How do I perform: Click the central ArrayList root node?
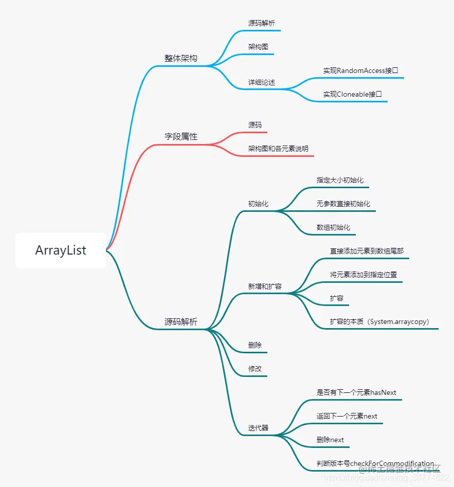pos(61,250)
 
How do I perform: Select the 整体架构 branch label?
pos(180,58)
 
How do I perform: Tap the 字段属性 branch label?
pos(180,137)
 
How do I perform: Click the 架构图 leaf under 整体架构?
pos(258,47)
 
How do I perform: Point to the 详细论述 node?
pos(262,82)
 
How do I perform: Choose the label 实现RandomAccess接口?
pos(360,70)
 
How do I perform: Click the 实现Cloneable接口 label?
pos(352,94)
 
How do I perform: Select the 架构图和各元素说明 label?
pos(278,149)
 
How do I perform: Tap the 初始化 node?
pos(258,204)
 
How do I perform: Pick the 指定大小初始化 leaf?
pos(340,180)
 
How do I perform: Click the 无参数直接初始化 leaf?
pos(343,204)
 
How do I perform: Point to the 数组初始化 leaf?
pos(333,227)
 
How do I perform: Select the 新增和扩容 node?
pos(265,286)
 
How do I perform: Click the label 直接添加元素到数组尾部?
pos(367,251)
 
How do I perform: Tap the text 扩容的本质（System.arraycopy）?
pos(379,322)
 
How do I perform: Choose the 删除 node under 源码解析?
pos(255,345)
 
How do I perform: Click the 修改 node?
pos(255,369)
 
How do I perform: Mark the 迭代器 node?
pos(258,428)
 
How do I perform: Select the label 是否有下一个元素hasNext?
pos(356,392)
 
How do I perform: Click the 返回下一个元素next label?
pos(347,416)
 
